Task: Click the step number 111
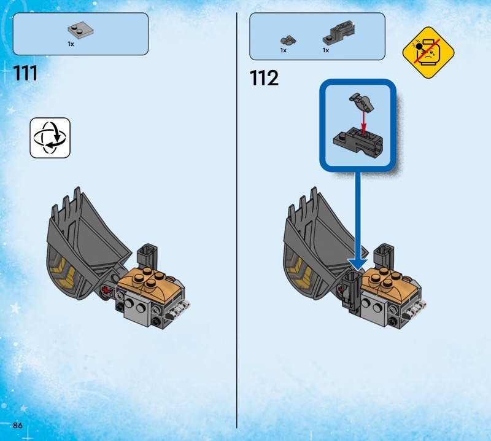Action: coord(25,73)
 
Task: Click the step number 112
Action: coord(264,78)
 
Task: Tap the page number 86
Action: coord(18,425)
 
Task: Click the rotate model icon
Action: coord(50,138)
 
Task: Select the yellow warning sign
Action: coord(428,52)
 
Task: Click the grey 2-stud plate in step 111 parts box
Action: coord(80,30)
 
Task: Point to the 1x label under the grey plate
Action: coord(71,44)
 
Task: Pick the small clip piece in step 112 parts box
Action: coord(288,41)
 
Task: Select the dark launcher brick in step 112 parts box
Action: coord(339,33)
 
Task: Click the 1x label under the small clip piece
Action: coord(284,50)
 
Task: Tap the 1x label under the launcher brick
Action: coord(326,50)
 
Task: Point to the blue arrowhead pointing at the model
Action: coord(358,264)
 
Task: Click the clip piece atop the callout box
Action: coord(361,102)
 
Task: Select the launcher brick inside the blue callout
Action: coord(358,141)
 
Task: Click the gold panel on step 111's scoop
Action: coord(64,270)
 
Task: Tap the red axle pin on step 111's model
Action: coord(107,290)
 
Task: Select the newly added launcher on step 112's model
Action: coord(351,291)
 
